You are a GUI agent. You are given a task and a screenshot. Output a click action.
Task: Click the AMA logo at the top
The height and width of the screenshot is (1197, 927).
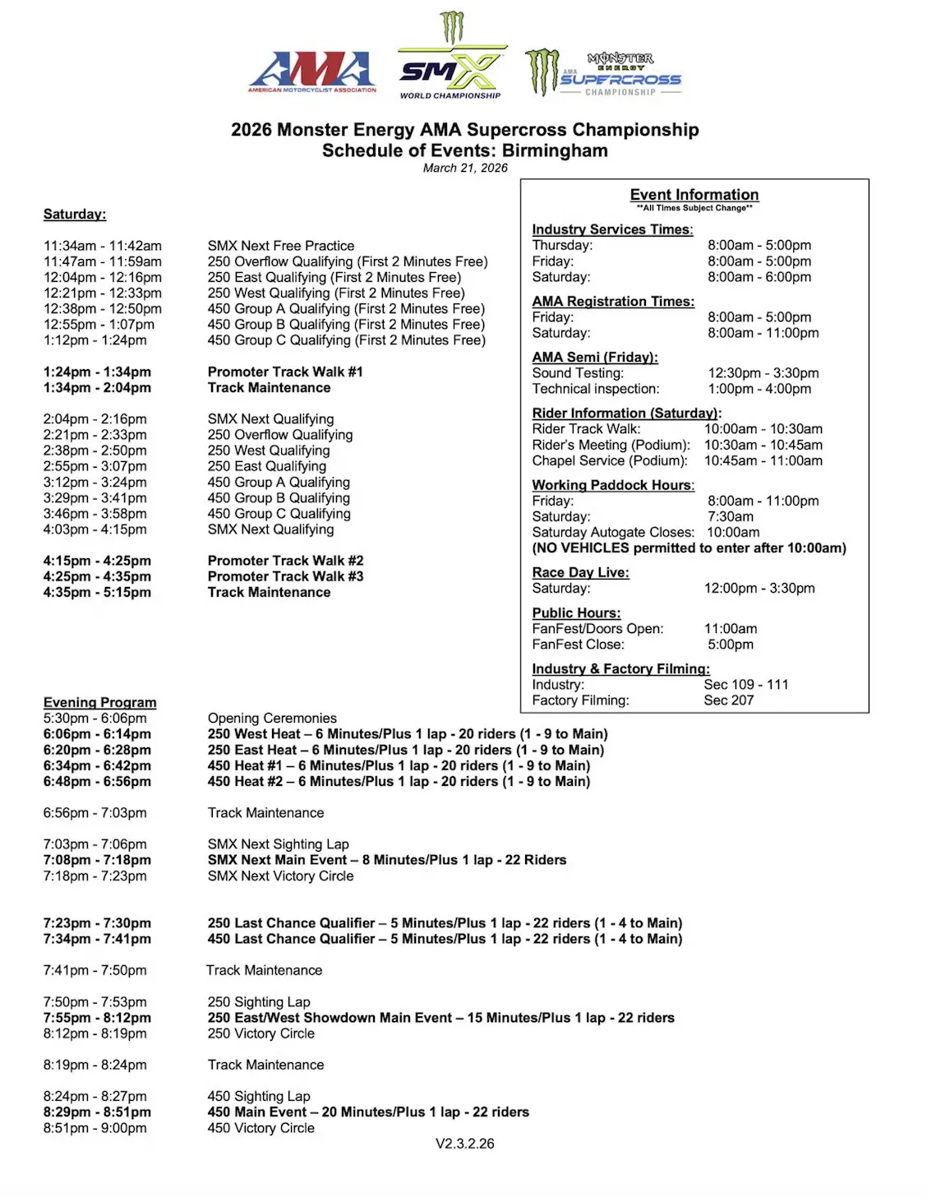[312, 72]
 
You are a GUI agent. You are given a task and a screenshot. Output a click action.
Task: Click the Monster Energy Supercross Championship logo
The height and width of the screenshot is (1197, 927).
[605, 72]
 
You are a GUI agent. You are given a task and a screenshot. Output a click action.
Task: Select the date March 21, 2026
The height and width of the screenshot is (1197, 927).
[465, 168]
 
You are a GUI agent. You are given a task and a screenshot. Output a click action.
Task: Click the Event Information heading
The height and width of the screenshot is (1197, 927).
[694, 195]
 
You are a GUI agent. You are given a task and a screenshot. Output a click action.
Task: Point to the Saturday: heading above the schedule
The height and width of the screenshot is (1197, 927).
[75, 215]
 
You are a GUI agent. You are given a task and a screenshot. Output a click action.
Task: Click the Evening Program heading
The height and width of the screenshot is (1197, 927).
[99, 702]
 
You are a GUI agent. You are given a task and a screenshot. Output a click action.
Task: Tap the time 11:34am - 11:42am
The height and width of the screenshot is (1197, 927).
[103, 246]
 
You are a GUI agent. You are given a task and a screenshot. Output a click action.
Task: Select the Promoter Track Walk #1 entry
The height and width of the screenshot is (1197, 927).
[285, 372]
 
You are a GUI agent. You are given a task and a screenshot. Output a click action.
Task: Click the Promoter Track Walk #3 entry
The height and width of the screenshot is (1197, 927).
[285, 576]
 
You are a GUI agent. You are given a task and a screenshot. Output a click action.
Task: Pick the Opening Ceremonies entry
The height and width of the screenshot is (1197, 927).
[272, 718]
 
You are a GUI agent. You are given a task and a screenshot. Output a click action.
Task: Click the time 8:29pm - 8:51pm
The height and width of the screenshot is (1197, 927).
[97, 1111]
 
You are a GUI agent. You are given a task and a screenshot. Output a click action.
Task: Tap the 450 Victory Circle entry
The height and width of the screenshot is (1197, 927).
[261, 1128]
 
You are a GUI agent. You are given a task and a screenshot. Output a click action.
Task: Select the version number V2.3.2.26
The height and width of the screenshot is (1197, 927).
[465, 1144]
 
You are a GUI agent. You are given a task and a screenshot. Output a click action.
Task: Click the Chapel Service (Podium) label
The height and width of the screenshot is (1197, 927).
[610, 460]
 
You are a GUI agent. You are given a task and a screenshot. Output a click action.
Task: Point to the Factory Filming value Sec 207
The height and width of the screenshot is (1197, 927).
[729, 700]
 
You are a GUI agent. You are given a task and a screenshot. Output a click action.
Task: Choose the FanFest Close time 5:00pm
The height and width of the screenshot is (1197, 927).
[731, 645]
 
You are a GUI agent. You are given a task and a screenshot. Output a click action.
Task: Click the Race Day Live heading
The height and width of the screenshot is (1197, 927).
[580, 572]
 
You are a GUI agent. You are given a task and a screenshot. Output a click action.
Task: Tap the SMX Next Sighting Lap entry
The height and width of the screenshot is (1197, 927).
[278, 843]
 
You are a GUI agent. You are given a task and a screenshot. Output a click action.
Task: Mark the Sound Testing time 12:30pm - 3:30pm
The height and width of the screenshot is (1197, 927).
[763, 373]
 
